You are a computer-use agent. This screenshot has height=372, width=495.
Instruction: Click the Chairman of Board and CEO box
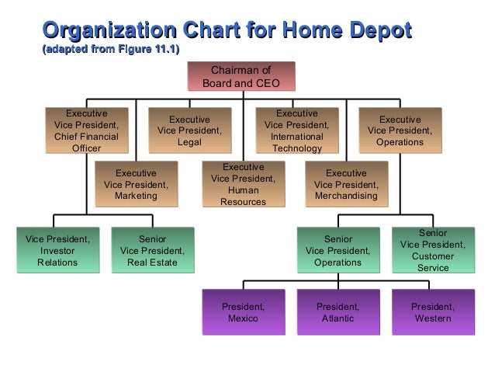(241, 76)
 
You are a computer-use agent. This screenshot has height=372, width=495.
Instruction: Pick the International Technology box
(296, 130)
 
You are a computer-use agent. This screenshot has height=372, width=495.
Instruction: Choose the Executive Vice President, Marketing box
(136, 184)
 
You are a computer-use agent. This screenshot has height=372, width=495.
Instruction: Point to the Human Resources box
(243, 184)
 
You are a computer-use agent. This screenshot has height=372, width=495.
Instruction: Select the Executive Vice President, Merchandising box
(346, 184)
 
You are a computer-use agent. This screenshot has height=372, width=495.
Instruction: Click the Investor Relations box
(57, 250)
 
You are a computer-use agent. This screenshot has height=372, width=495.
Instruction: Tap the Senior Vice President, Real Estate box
(152, 250)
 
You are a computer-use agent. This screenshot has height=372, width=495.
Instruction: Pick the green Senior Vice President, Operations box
(337, 250)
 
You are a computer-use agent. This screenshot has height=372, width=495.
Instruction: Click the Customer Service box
(433, 250)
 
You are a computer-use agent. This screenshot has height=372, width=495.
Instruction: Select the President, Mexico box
(243, 312)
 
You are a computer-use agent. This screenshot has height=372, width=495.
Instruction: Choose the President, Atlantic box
(337, 312)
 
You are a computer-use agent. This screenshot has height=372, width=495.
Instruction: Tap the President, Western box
(433, 312)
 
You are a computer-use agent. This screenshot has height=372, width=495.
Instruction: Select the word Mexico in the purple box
(243, 318)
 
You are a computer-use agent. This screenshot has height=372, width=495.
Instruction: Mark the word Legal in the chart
(189, 143)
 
